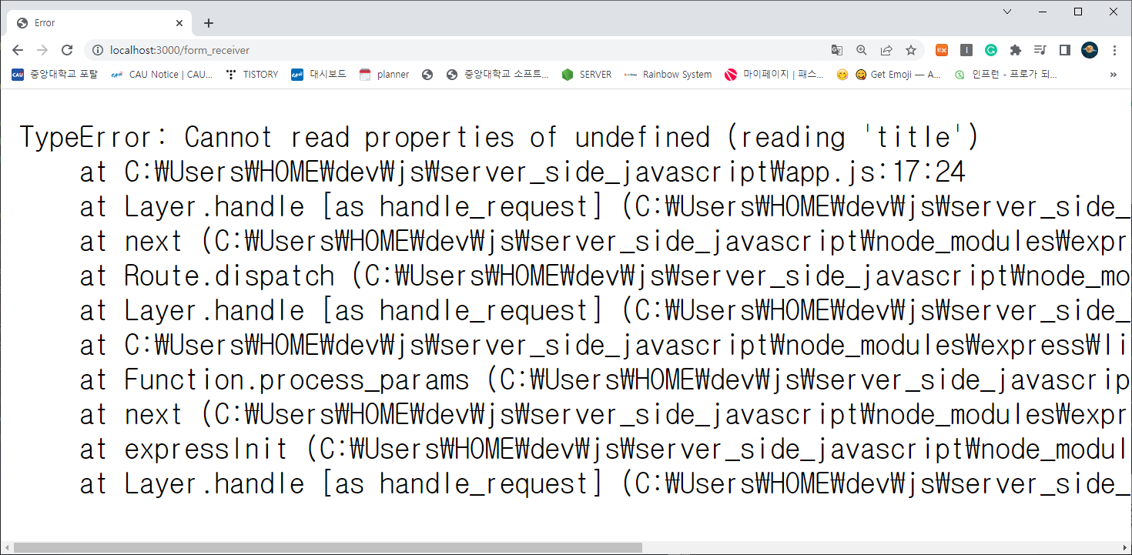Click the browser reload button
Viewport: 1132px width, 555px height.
click(x=67, y=50)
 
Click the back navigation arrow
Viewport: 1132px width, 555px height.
click(x=18, y=50)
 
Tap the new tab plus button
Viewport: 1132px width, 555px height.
click(x=209, y=23)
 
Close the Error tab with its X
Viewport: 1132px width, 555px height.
click(x=179, y=23)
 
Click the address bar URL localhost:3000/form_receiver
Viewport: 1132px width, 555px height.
click(x=179, y=50)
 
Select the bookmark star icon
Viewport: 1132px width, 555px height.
click(x=911, y=50)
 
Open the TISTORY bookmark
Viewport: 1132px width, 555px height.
click(x=252, y=75)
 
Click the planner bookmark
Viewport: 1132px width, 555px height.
click(x=384, y=75)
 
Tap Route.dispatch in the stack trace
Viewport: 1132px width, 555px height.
click(x=229, y=276)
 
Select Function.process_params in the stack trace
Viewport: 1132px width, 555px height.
click(x=296, y=380)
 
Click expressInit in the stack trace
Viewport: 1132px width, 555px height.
click(x=206, y=450)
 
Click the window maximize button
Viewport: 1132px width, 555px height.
click(x=1078, y=12)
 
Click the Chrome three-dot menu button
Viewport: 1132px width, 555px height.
click(x=1114, y=50)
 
